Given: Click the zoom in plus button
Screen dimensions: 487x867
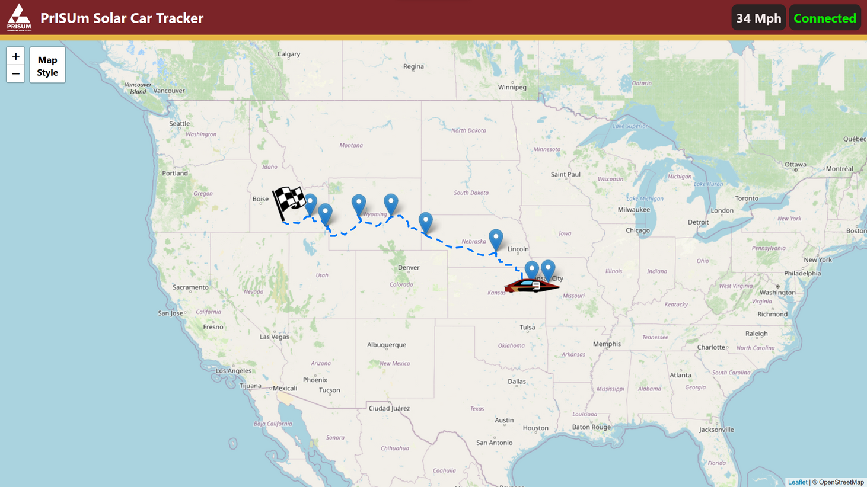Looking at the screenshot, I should pos(15,56).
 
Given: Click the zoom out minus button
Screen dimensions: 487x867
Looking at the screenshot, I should pos(15,73).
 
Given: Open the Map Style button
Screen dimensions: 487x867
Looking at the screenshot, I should pos(47,65).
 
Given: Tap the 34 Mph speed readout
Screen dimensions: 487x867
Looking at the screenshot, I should pos(758,18).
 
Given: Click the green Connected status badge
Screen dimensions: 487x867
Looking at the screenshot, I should pos(824,18).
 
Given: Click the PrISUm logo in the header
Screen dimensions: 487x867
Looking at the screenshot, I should pos(19,17).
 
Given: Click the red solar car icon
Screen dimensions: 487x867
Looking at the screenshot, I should pos(531,286).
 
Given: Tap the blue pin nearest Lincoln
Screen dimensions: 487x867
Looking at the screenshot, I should pos(496,239).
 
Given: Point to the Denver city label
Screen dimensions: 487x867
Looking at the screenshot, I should pos(409,267).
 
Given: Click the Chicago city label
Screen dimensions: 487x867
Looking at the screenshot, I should pos(638,230).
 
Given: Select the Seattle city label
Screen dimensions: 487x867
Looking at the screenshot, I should pos(179,124).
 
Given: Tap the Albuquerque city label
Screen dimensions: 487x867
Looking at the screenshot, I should pos(387,345).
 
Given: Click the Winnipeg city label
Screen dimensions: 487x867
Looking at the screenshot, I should pos(512,87).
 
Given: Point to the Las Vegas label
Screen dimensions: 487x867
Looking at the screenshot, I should pos(275,337).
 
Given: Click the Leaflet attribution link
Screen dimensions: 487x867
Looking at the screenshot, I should pos(797,482).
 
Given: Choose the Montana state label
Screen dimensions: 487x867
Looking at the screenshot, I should pos(351,145).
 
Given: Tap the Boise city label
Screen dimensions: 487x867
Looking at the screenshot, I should pos(260,199).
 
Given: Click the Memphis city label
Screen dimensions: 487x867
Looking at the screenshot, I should pos(607,344).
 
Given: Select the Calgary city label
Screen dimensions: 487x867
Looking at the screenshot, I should pos(289,54).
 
